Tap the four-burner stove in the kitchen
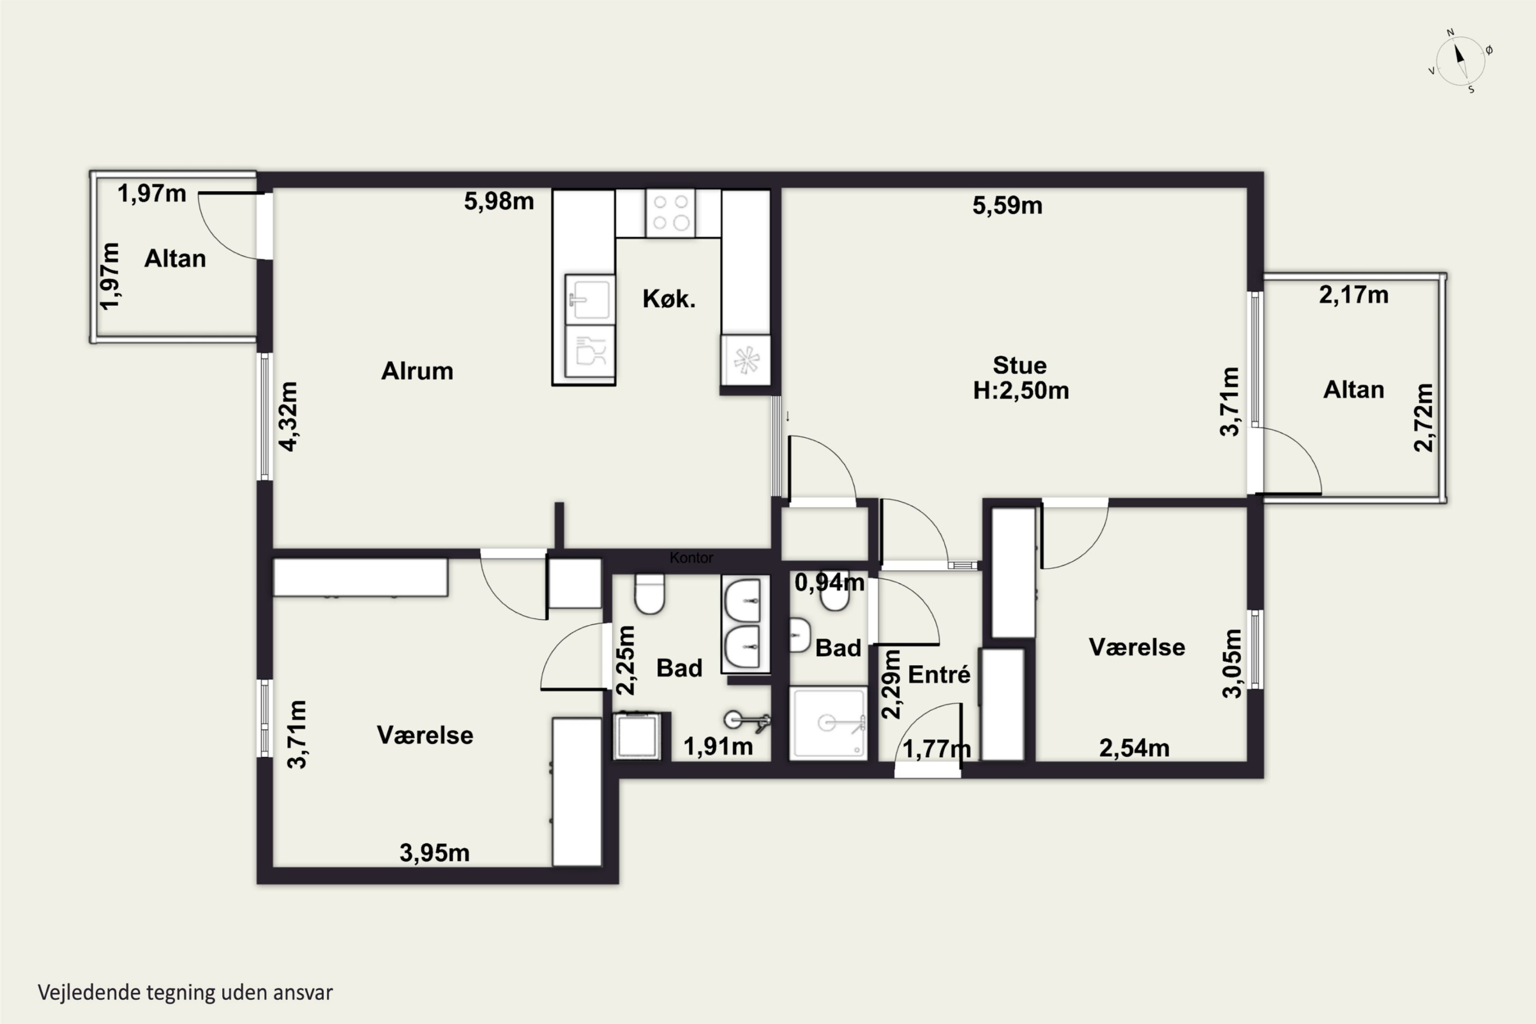click(671, 213)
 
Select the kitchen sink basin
click(590, 299)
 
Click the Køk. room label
click(669, 299)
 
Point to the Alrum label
click(417, 371)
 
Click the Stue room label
click(1019, 365)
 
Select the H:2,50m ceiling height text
click(1021, 391)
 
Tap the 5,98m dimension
click(499, 201)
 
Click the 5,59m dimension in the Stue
click(1007, 206)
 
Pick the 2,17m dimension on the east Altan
click(1353, 295)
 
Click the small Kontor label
click(691, 558)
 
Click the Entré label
click(939, 675)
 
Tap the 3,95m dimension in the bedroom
click(434, 853)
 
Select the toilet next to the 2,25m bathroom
click(649, 593)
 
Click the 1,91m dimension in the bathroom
click(718, 746)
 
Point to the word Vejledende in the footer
click(90, 993)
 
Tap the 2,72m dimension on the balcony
click(1424, 418)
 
